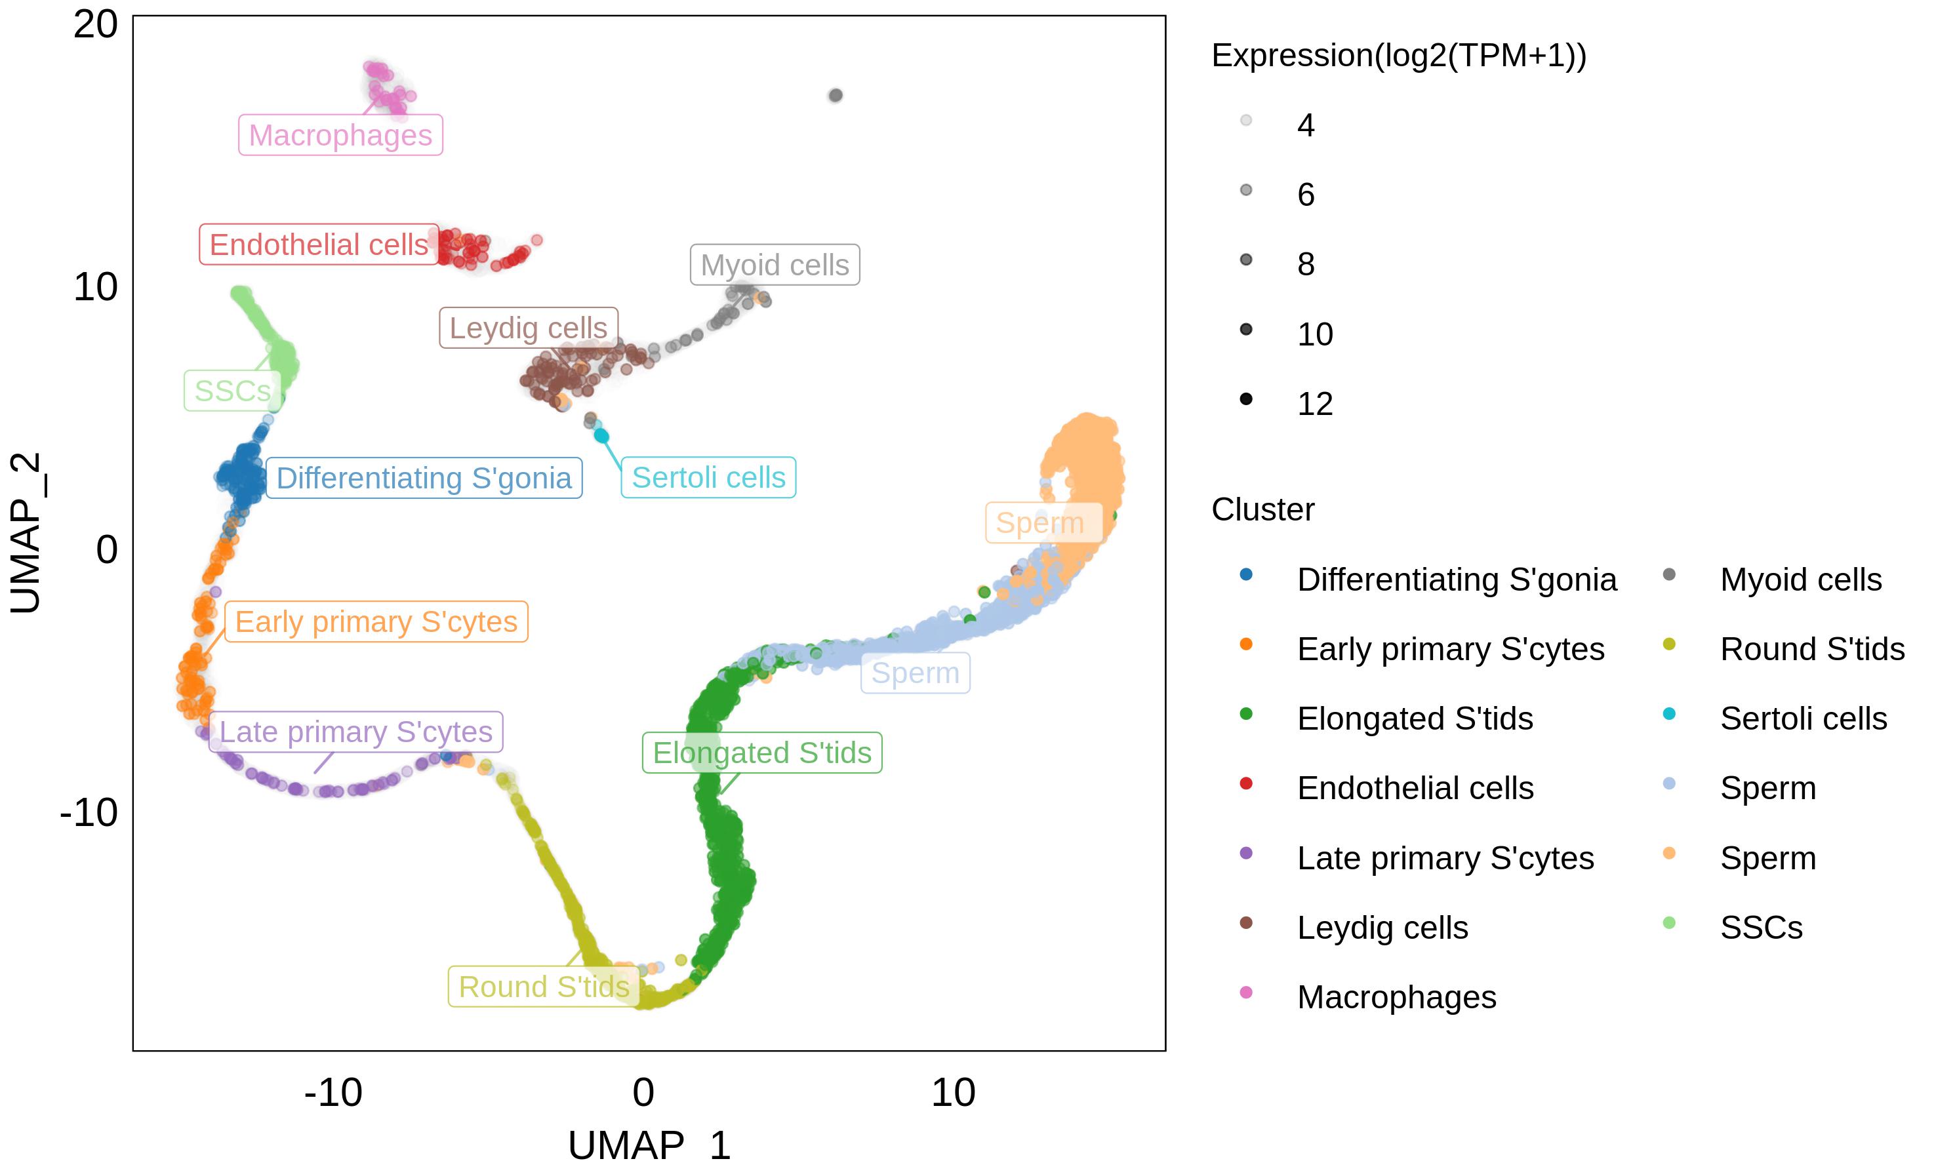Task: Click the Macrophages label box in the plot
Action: pos(340,135)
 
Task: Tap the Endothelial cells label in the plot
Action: pos(319,245)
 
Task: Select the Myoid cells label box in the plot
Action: pos(775,266)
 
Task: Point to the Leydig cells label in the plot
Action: pos(528,328)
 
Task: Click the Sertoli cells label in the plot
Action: pos(708,477)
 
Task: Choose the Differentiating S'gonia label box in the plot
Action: pos(424,478)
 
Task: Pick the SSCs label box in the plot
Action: pos(232,391)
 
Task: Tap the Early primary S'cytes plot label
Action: pos(376,622)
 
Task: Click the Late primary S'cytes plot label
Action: pos(355,732)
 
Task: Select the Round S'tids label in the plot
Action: pos(544,987)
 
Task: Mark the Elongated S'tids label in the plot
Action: pos(761,753)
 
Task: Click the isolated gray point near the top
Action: pos(836,96)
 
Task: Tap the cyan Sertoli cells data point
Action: pos(601,436)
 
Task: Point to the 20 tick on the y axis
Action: pos(96,25)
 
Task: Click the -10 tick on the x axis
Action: pos(333,1093)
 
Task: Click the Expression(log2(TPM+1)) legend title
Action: pos(1398,56)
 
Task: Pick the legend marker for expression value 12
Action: pos(1246,399)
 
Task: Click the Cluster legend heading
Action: pos(1262,509)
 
